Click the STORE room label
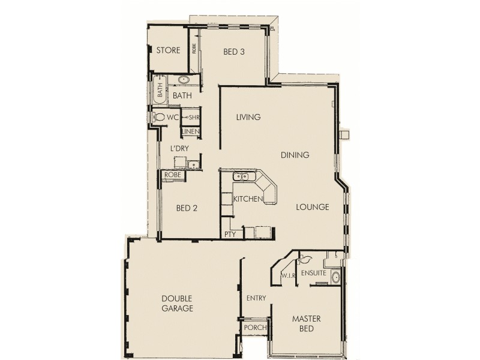click(x=168, y=50)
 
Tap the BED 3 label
click(x=234, y=52)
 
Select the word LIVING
click(x=248, y=118)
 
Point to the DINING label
click(x=295, y=155)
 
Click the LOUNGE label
click(x=313, y=208)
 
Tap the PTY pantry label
click(x=229, y=235)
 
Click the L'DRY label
click(x=179, y=148)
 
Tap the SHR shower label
click(x=193, y=117)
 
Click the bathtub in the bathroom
click(x=160, y=91)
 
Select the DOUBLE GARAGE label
click(x=177, y=304)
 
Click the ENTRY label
click(x=256, y=298)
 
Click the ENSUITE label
click(x=313, y=273)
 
